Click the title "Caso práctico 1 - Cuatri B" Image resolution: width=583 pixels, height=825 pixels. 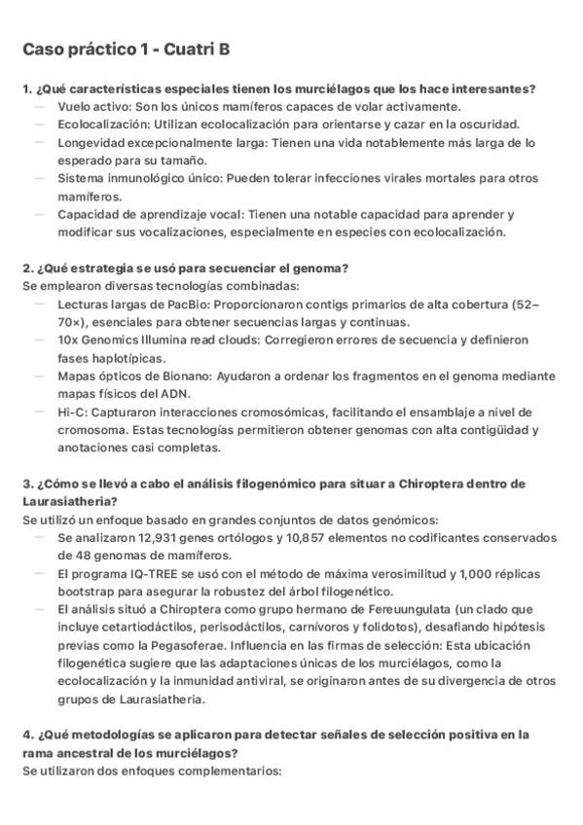tap(126, 50)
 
